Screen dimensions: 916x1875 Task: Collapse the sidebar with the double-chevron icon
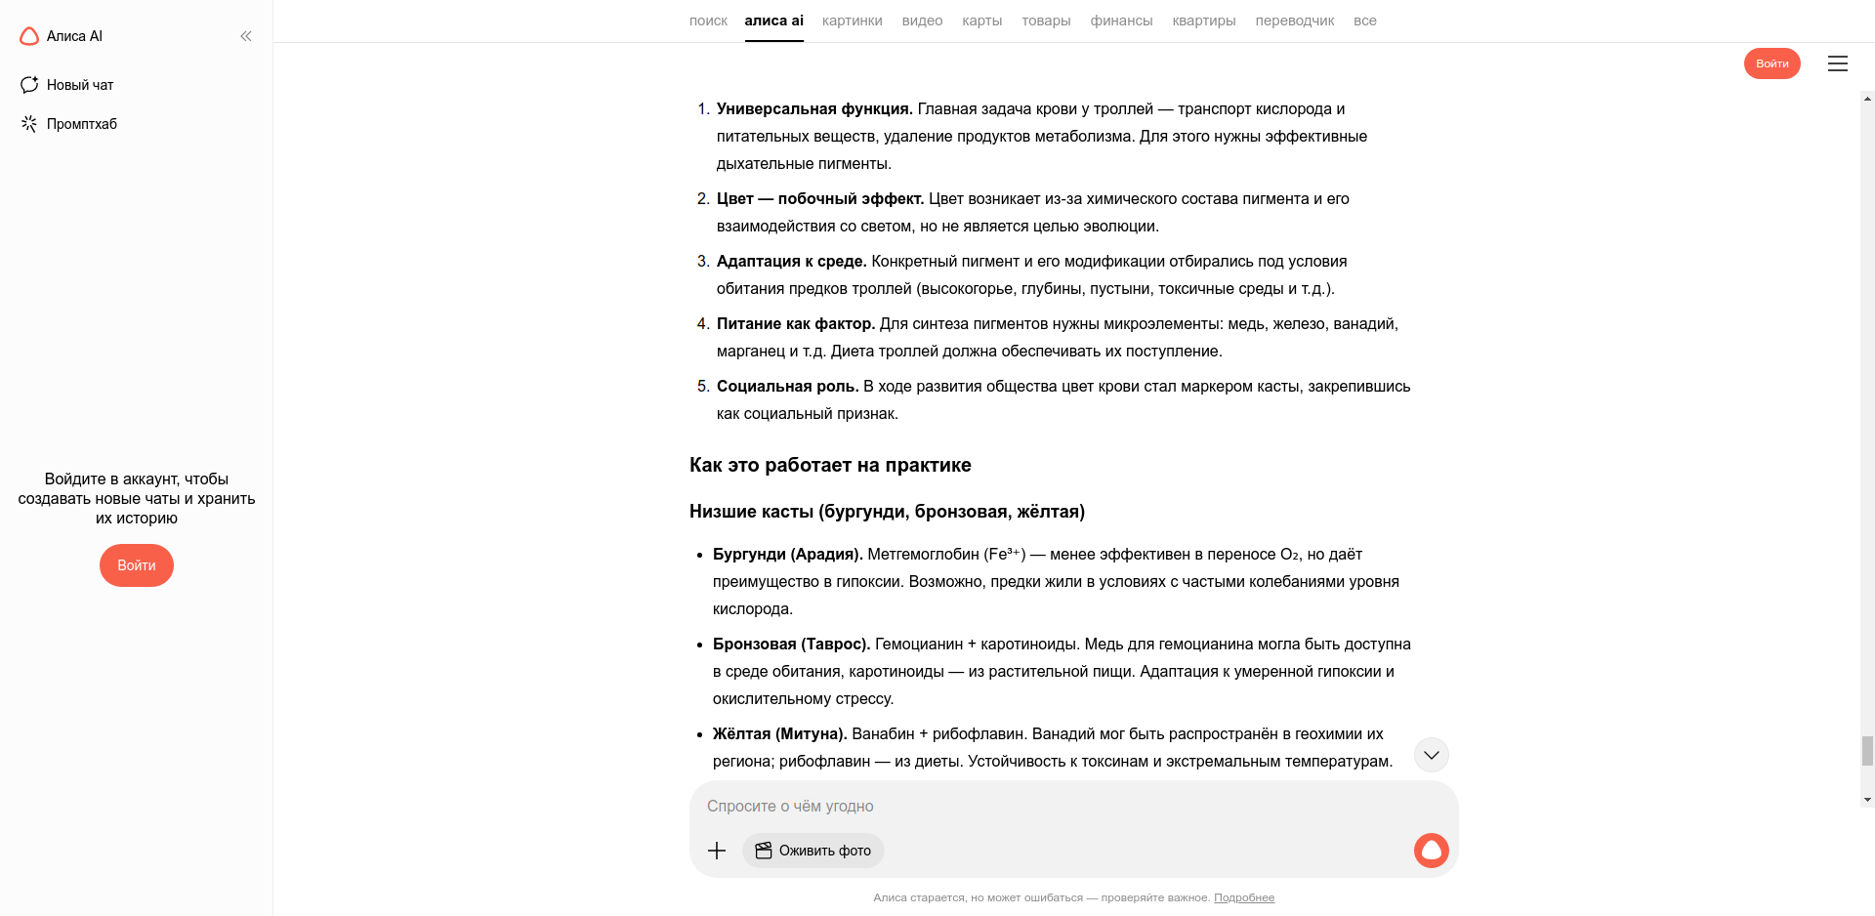click(x=246, y=36)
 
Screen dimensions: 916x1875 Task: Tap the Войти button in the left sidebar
click(x=137, y=565)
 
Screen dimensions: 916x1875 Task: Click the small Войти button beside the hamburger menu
click(x=1771, y=63)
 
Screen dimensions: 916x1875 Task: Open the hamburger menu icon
click(x=1837, y=63)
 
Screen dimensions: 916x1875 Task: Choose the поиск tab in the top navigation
click(x=708, y=21)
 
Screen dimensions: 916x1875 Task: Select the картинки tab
click(x=852, y=21)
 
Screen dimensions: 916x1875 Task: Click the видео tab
click(x=922, y=21)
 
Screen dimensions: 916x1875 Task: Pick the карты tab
click(x=981, y=21)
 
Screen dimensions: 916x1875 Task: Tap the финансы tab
click(x=1121, y=21)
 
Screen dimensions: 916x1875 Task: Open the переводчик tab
click(x=1294, y=21)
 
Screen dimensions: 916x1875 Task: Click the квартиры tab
click(x=1203, y=21)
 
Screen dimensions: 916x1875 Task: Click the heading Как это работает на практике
click(x=830, y=465)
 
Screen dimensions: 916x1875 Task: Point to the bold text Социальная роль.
click(x=787, y=387)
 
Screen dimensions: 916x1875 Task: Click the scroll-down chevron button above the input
click(x=1431, y=755)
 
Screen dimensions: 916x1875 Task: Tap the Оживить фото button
click(x=813, y=851)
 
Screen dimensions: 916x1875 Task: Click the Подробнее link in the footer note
click(x=1243, y=897)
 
